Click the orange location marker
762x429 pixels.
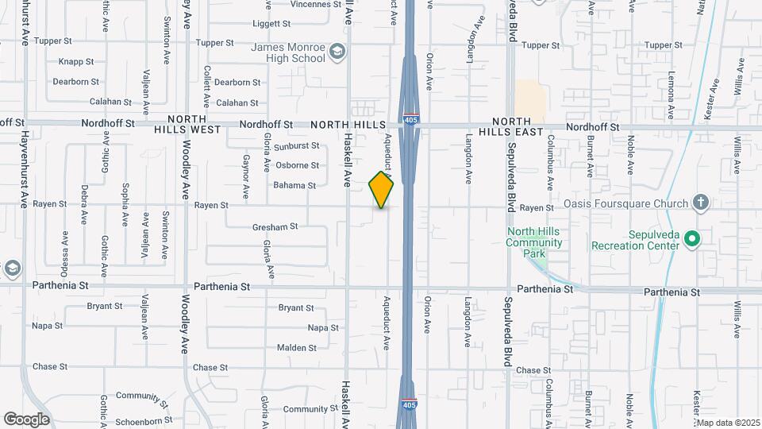pyautogui.click(x=382, y=190)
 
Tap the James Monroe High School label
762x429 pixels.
pyautogui.click(x=288, y=52)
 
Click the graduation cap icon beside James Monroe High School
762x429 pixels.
pyautogui.click(x=338, y=52)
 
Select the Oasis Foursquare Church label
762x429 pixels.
pyautogui.click(x=625, y=203)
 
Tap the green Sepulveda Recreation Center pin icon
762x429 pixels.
pyautogui.click(x=692, y=238)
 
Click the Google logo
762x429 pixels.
pyautogui.click(x=26, y=419)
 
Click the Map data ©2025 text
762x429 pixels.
pyautogui.click(x=729, y=423)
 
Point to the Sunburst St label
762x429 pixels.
pyautogui.click(x=297, y=146)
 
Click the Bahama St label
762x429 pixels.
pyautogui.click(x=295, y=185)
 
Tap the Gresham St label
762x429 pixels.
pyautogui.click(x=275, y=226)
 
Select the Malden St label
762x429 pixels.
pyautogui.click(x=297, y=348)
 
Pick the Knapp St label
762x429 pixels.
pyautogui.click(x=76, y=61)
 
